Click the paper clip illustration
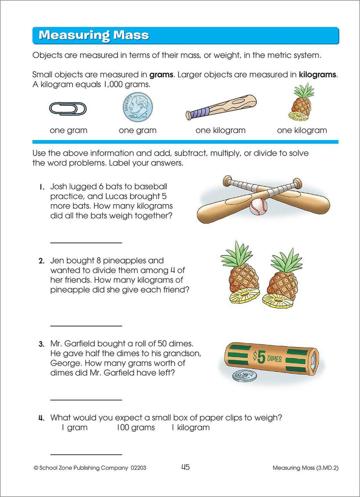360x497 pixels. [x=67, y=109]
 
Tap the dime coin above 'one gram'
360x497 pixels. [x=137, y=106]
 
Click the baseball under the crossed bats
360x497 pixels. [x=258, y=207]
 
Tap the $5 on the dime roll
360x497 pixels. [x=259, y=357]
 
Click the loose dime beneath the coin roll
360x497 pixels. [x=245, y=376]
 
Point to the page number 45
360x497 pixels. [x=185, y=467]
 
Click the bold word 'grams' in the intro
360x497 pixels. [x=161, y=75]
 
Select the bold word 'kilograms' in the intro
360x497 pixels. [x=317, y=75]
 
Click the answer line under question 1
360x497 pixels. [x=86, y=243]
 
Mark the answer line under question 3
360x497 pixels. [x=86, y=400]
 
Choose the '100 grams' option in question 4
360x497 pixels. [x=136, y=428]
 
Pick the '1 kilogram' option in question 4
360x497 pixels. [x=191, y=428]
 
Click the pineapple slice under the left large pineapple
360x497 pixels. [x=245, y=297]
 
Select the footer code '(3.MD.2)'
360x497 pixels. [x=327, y=467]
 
